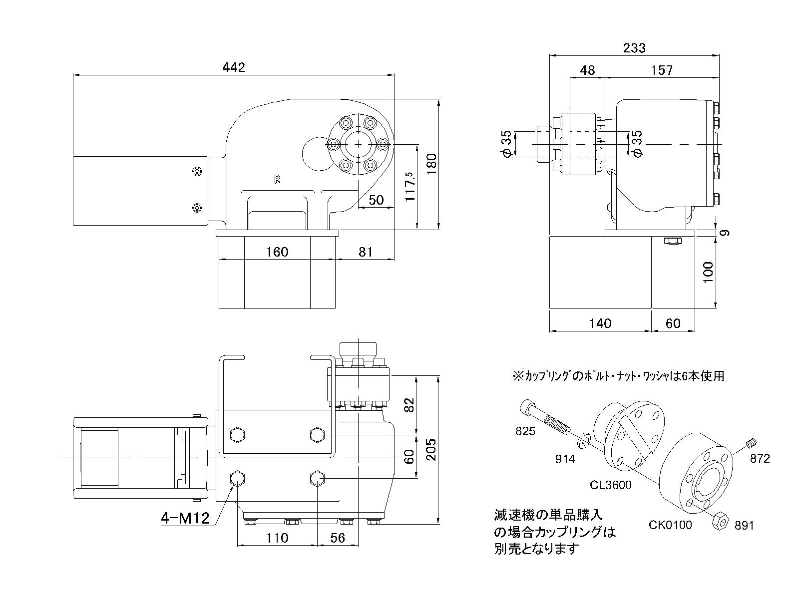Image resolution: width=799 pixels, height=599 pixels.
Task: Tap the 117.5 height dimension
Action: coord(410,186)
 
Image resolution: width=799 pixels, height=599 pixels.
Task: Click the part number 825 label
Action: coord(525,431)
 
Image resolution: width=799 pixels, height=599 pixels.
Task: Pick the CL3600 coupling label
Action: coord(610,484)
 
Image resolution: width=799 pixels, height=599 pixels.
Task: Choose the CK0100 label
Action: coord(670,525)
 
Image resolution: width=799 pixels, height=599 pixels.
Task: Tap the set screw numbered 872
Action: coord(752,442)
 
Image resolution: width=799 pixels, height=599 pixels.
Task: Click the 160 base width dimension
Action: coord(277,252)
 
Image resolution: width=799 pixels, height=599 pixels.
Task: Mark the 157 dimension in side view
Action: coord(662,70)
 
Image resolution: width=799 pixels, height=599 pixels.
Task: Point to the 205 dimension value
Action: coord(432,449)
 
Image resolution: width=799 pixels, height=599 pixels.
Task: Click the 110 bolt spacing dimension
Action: coord(277,538)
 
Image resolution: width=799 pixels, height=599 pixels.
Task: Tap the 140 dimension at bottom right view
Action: coord(600,323)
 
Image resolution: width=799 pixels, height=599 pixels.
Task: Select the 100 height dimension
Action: coord(708,272)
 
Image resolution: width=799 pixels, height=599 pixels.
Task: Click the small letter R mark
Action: coord(277,180)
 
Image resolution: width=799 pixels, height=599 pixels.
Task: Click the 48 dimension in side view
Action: coord(587,70)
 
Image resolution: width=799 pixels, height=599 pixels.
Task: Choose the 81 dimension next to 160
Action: coord(366,252)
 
